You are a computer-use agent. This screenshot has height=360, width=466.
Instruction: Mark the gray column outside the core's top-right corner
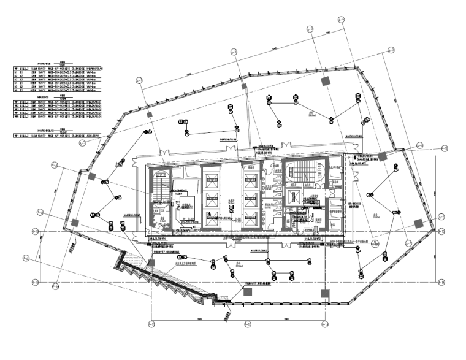382,157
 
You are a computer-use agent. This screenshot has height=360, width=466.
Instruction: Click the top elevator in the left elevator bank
210,178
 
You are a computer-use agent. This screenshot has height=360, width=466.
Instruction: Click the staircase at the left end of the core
161,190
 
